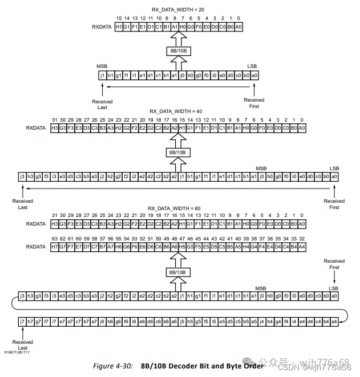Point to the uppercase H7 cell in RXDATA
tap(55, 247)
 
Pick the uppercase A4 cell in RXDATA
tap(302, 247)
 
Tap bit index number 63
tap(55, 238)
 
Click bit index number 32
tap(302, 238)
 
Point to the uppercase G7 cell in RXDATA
tap(63, 247)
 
